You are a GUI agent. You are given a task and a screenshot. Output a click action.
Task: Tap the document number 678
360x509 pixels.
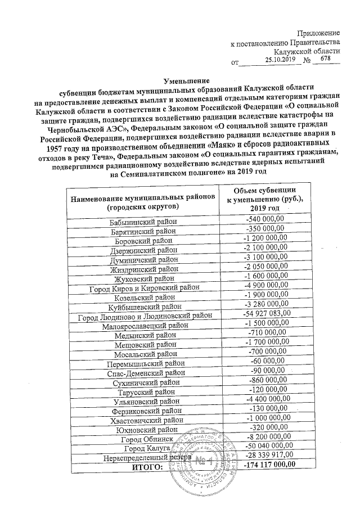tap(325, 58)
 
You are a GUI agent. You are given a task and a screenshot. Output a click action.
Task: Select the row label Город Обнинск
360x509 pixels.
tap(146, 439)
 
